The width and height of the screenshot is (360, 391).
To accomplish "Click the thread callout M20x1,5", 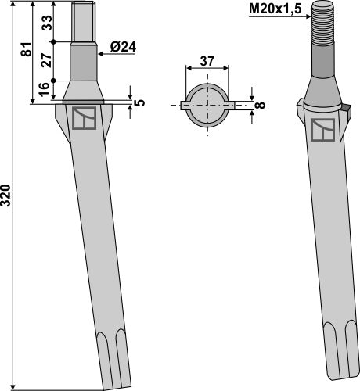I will click(277, 10).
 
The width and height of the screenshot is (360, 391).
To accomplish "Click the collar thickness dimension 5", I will click(139, 101).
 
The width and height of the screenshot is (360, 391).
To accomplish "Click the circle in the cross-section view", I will click(207, 104).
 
